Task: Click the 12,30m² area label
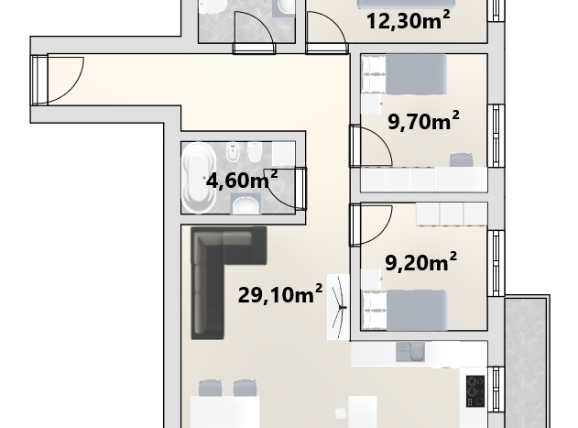coord(408,20)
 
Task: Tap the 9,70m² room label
coord(423,121)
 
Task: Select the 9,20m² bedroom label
coord(421,262)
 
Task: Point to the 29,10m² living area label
coord(280,294)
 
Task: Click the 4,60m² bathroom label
coord(242,180)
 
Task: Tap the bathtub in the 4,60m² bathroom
coord(199,178)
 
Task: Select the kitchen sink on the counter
coord(410,352)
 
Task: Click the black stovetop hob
coord(475,391)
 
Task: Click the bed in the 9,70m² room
coord(404,74)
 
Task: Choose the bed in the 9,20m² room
coord(405,310)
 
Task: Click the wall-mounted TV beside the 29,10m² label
coord(338,307)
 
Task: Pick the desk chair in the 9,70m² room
coord(461,159)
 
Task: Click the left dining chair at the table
coord(210,388)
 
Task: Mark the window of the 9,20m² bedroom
coord(496,263)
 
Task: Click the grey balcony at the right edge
coord(527,362)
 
